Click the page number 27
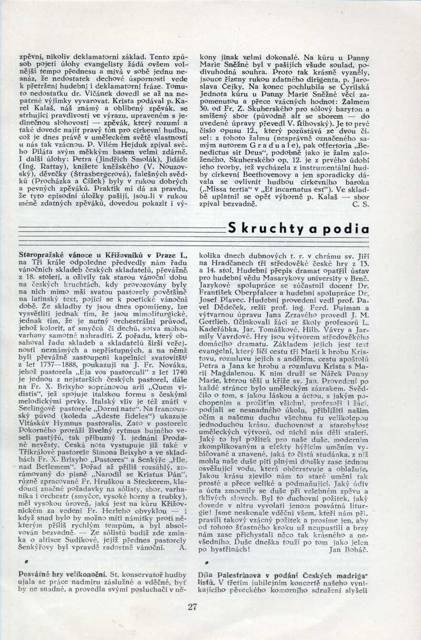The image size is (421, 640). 192,607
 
